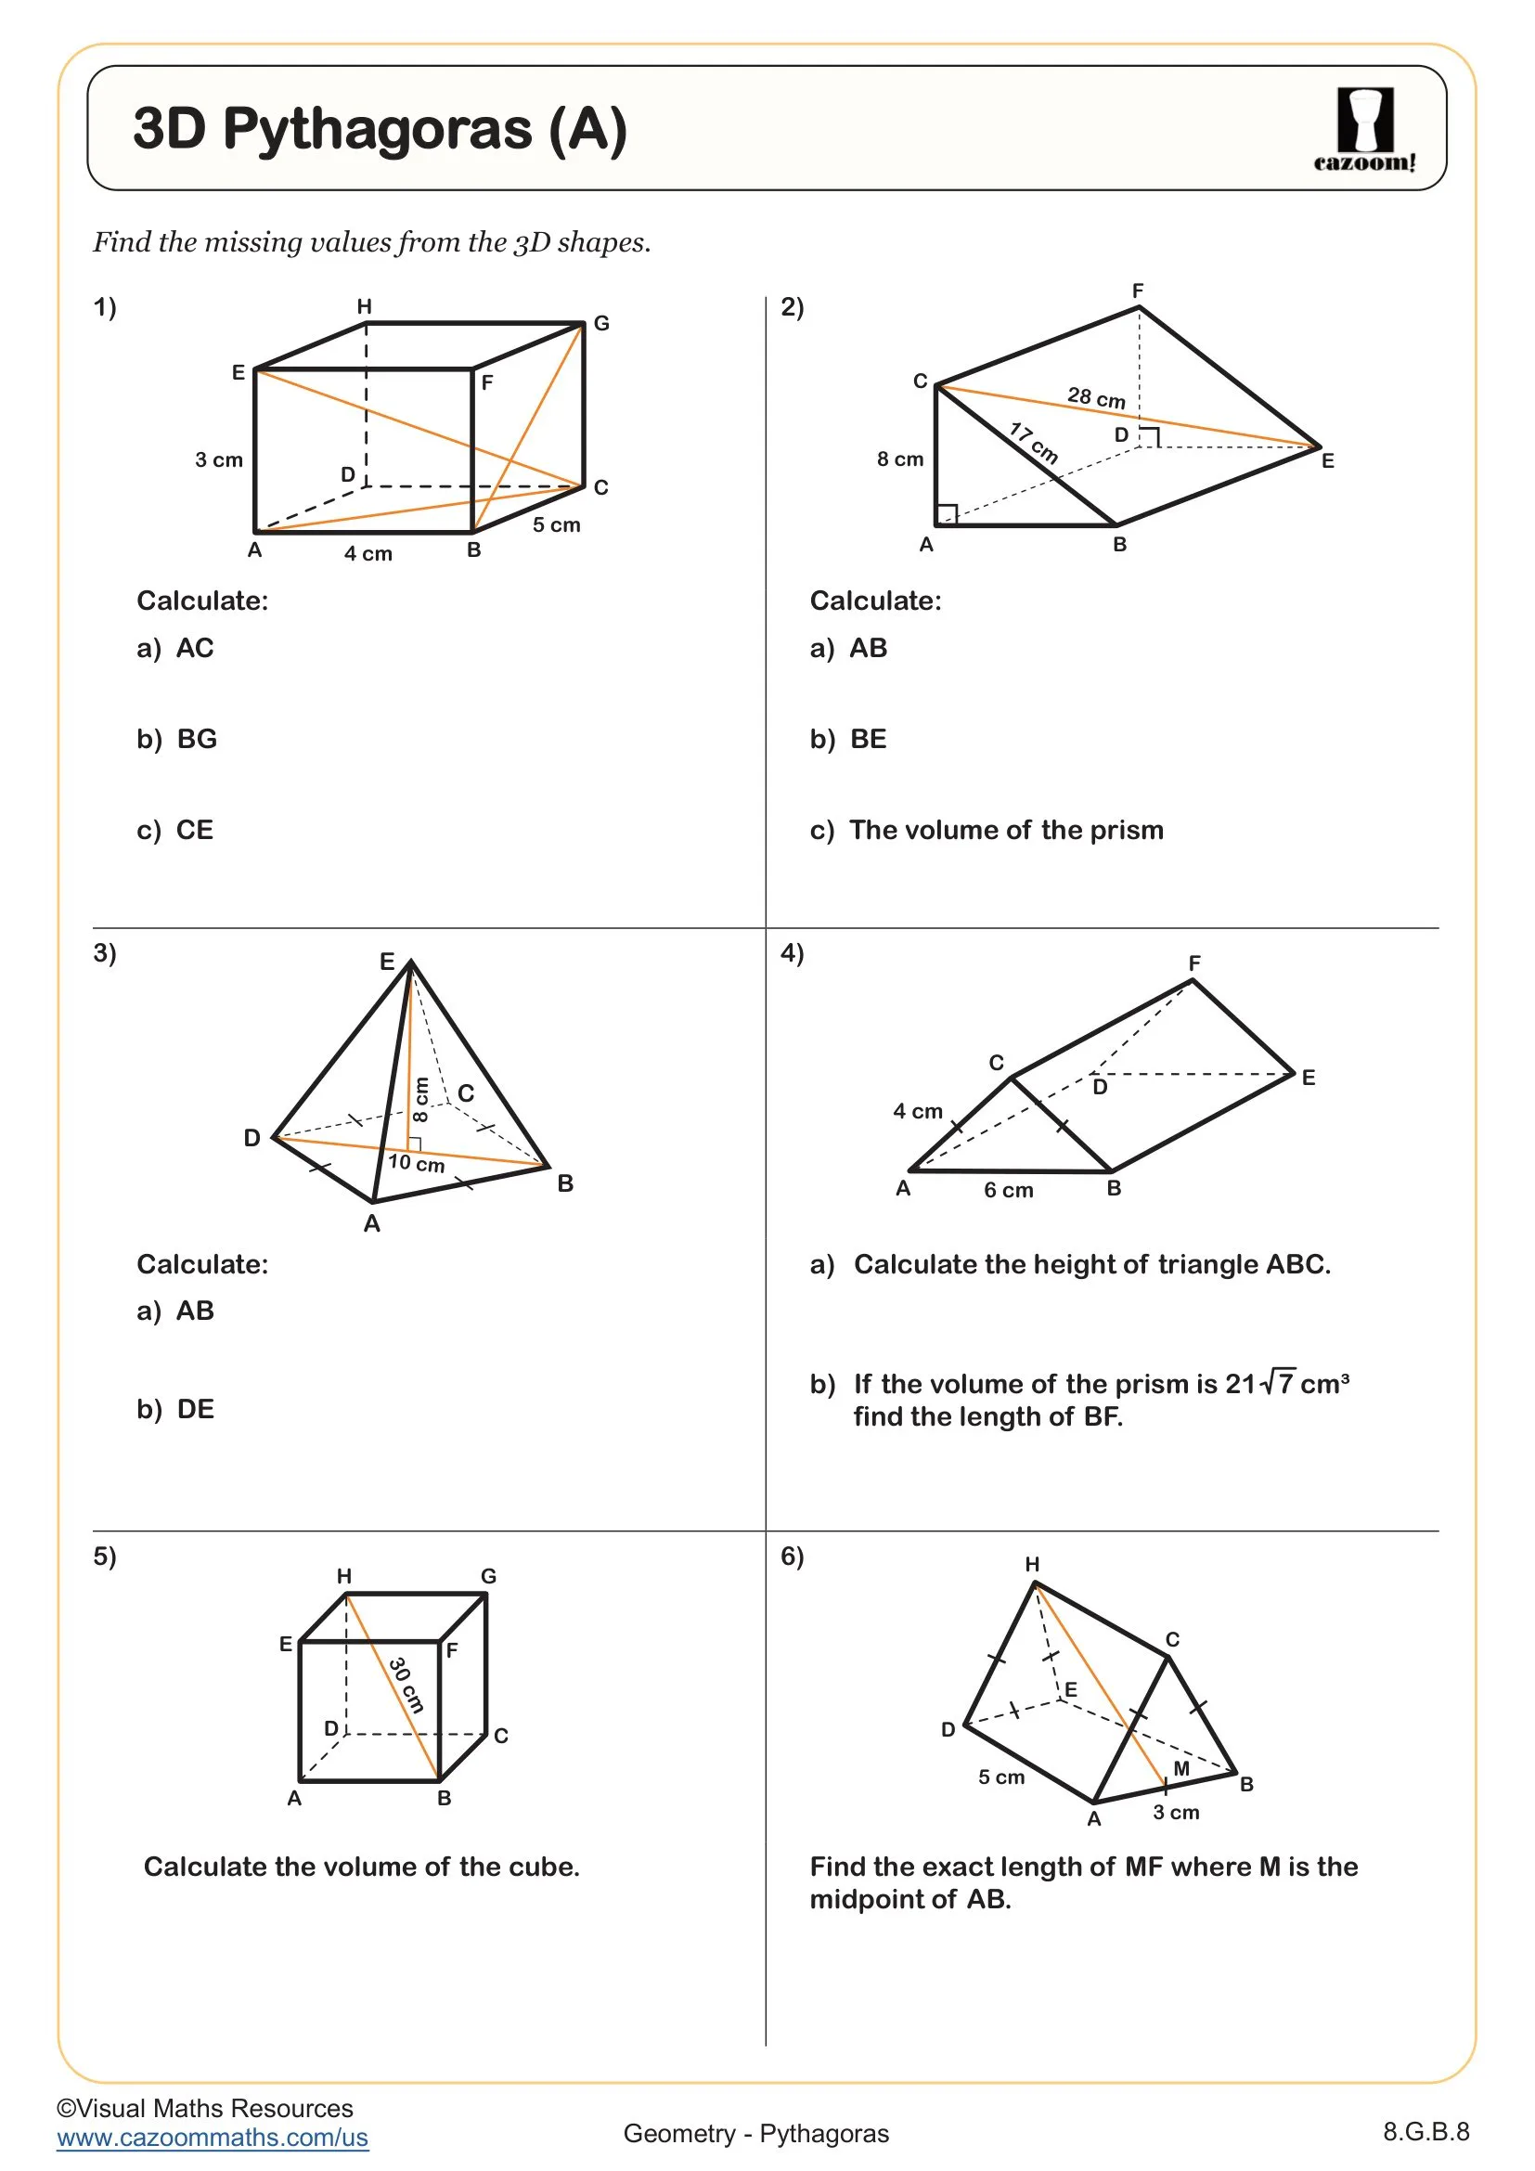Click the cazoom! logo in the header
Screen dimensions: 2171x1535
[1364, 130]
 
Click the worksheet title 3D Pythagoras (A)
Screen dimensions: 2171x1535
[380, 129]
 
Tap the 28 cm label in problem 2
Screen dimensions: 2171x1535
[1095, 397]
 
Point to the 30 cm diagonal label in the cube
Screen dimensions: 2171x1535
[406, 1684]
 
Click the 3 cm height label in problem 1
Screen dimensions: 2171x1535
[218, 460]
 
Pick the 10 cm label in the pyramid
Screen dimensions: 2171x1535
[416, 1163]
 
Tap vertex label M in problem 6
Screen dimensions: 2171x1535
[1180, 1768]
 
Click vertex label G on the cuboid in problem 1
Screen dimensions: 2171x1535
[601, 323]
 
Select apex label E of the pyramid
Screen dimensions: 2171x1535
[387, 962]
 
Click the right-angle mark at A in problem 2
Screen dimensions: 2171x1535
[946, 514]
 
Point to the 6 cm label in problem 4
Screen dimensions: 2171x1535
[1008, 1191]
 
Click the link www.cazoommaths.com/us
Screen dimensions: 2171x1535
[212, 2138]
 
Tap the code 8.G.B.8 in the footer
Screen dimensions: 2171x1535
[1425, 2132]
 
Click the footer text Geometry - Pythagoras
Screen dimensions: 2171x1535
[755, 2134]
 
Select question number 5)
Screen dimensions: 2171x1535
[104, 1556]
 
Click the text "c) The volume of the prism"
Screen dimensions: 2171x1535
[986, 830]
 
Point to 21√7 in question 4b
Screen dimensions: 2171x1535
[1259, 1384]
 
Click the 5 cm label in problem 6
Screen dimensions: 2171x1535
[1000, 1777]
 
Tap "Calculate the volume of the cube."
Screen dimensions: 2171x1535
[361, 1867]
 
